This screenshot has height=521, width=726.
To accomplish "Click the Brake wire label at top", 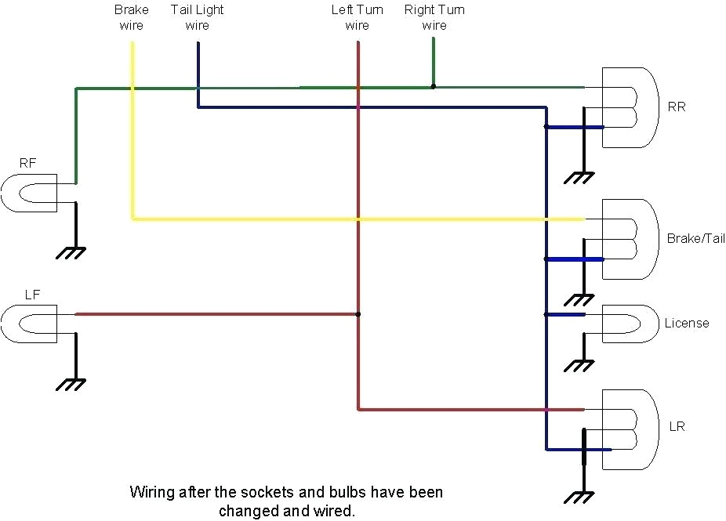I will [x=131, y=17].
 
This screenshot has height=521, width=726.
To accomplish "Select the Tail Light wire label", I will [x=197, y=17].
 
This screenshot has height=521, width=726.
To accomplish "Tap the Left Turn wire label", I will [x=357, y=17].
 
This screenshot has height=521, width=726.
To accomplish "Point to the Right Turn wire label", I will [x=434, y=17].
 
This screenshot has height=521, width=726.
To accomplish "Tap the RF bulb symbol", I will [x=28, y=192].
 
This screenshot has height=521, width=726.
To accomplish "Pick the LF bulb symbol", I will [x=28, y=323].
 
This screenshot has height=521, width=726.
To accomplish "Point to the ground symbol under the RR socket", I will [x=579, y=178].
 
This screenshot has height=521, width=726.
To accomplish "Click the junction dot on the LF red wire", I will [x=358, y=314].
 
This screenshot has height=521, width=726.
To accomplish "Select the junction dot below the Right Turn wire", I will [x=434, y=87].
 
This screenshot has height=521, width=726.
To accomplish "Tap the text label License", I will [x=686, y=323].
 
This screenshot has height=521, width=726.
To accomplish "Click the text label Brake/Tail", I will [x=695, y=238].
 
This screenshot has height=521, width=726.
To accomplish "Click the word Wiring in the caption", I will [x=151, y=493].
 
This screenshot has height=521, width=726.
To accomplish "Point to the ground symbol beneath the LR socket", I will [x=579, y=497].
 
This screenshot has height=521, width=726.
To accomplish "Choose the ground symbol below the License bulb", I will [x=579, y=365].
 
